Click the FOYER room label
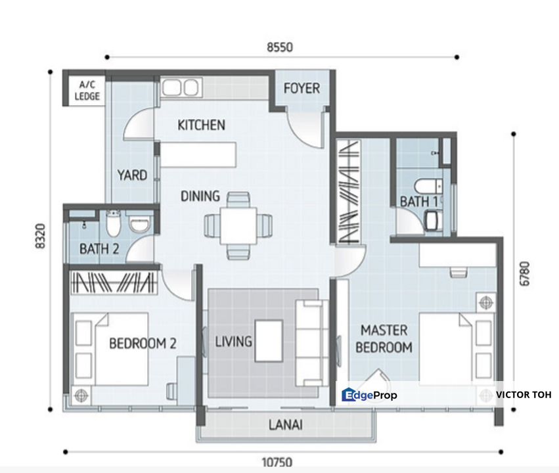[x=302, y=89]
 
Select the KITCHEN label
[x=202, y=125]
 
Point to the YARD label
[x=132, y=175]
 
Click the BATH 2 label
[x=99, y=249]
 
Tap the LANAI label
[x=286, y=424]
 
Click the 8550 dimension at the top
[x=279, y=47]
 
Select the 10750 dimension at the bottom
[x=279, y=462]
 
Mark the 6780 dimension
[x=524, y=274]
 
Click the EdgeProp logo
[x=369, y=395]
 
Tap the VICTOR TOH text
[x=523, y=395]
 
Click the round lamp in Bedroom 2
[x=81, y=395]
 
